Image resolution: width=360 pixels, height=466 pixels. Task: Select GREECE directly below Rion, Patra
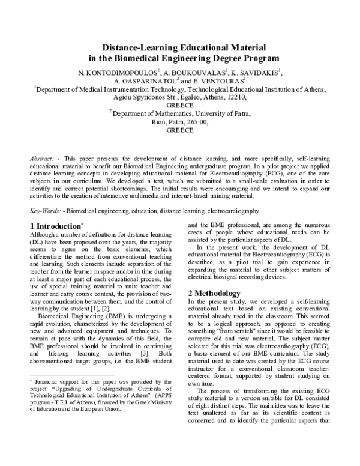[179, 129]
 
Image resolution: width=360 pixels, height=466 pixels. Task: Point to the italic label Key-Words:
[46, 212]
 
